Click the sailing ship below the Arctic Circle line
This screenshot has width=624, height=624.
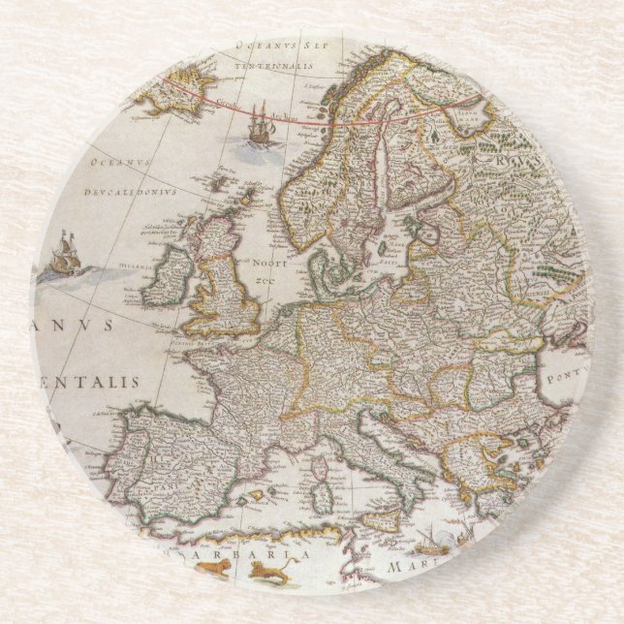click(x=260, y=124)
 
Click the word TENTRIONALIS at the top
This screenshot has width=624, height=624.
click(x=277, y=67)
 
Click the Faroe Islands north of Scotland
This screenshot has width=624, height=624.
click(x=219, y=180)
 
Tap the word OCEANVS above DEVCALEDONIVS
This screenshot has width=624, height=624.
click(x=116, y=163)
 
